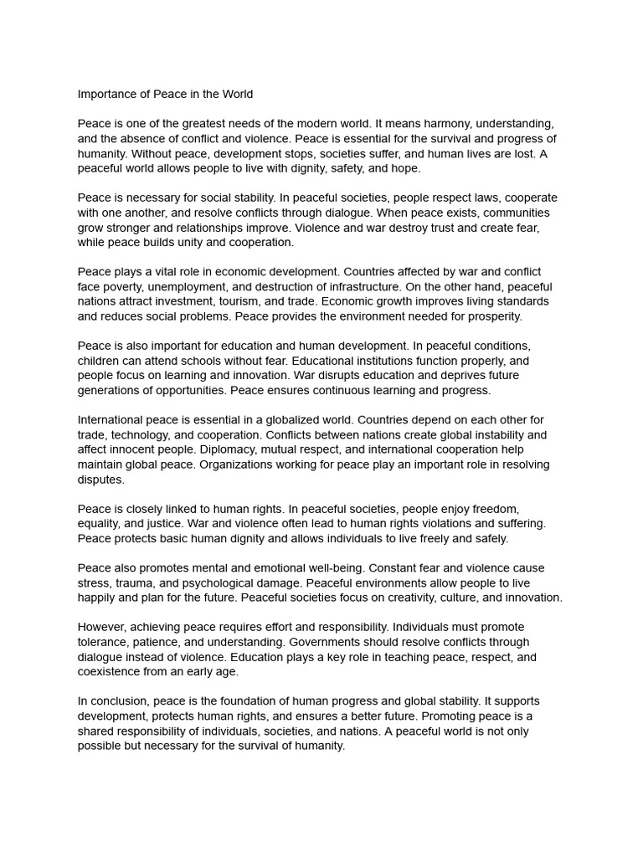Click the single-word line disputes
pyautogui.click(x=100, y=480)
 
